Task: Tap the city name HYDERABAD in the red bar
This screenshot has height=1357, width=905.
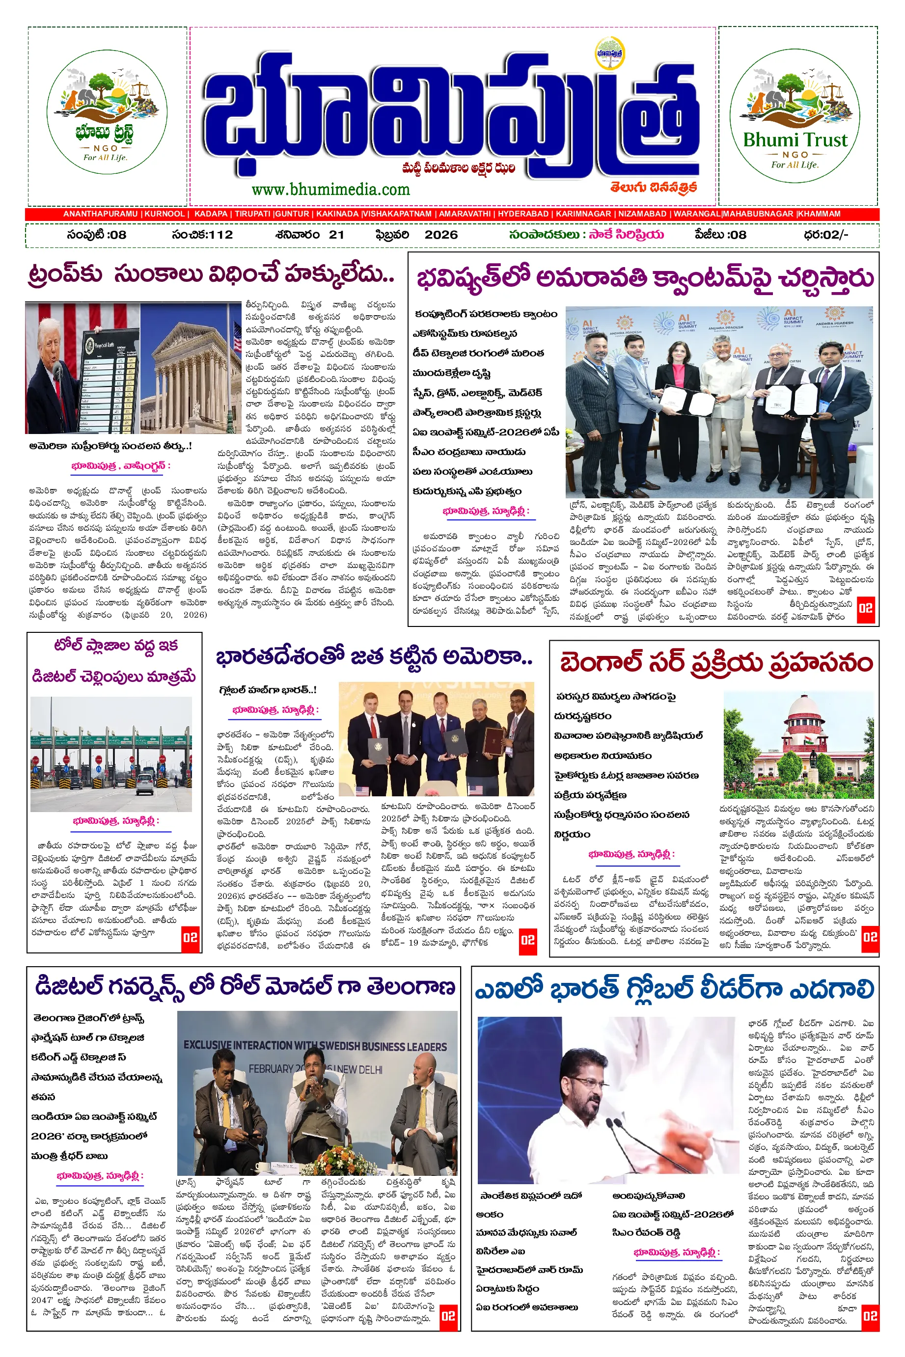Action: (x=523, y=214)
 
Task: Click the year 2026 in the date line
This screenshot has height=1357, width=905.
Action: (x=441, y=235)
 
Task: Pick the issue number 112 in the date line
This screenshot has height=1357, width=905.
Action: (x=220, y=235)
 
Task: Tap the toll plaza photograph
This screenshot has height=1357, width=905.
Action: (x=111, y=754)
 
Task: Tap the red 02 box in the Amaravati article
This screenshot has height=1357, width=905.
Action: (x=865, y=608)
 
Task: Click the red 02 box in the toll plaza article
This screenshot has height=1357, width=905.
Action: (x=190, y=938)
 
